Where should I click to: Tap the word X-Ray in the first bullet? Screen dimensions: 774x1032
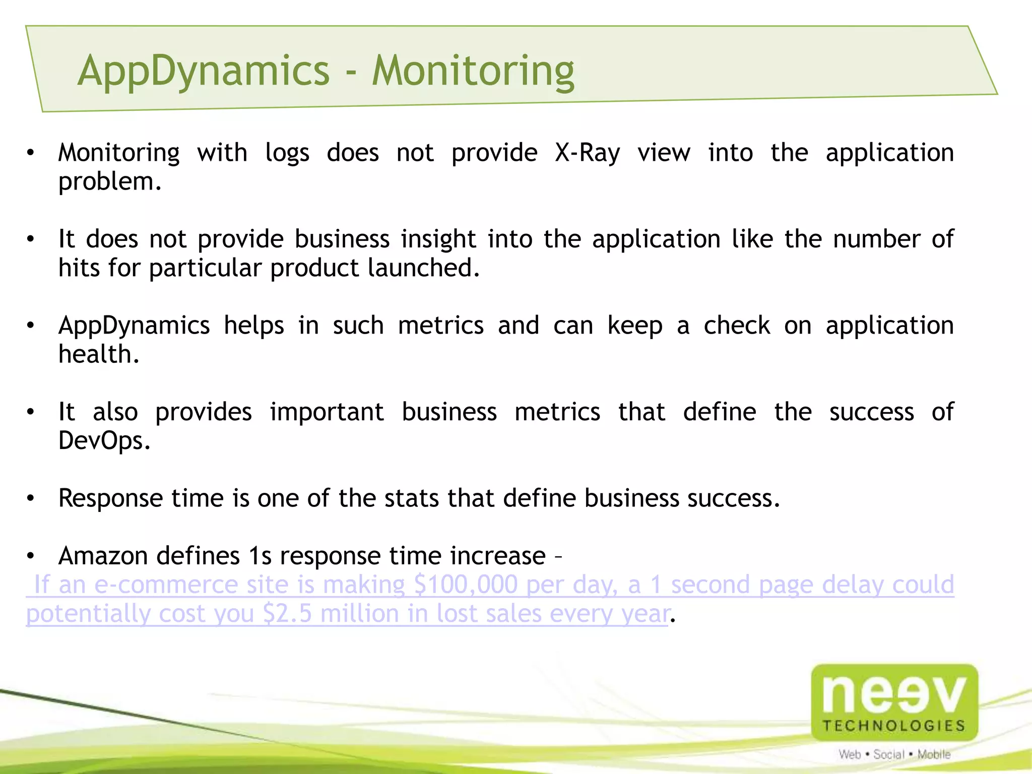pos(587,153)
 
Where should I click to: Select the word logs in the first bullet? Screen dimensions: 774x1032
pos(287,153)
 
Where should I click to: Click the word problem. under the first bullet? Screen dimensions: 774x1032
pos(110,182)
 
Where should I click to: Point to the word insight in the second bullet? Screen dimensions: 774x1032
pos(438,239)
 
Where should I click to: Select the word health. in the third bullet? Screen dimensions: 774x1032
pos(99,354)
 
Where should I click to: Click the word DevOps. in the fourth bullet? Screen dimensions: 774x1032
pos(104,441)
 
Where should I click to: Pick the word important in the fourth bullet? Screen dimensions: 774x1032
pos(327,412)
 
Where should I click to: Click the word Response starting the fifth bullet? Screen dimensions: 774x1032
pos(110,498)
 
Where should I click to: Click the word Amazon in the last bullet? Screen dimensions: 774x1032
pos(103,556)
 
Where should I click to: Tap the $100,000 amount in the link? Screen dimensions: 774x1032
pos(465,585)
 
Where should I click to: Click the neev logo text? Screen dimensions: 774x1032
pos(894,694)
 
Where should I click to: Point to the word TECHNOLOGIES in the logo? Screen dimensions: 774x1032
pos(894,726)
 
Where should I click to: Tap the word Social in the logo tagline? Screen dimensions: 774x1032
pos(888,754)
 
